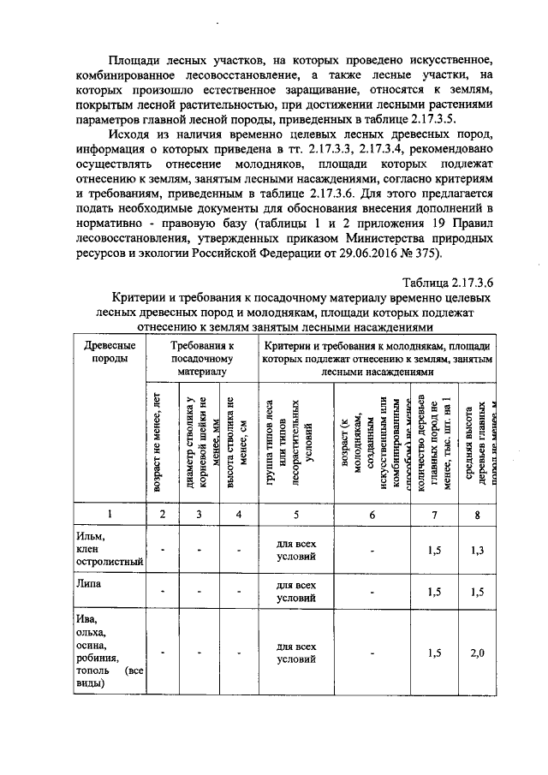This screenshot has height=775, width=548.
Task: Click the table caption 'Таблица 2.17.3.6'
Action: [x=447, y=282]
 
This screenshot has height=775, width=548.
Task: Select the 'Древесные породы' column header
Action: [x=108, y=351]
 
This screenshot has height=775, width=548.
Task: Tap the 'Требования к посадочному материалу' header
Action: [x=202, y=358]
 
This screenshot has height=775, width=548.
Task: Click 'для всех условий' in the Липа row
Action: [x=296, y=592]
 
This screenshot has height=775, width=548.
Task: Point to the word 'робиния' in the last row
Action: [x=96, y=658]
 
